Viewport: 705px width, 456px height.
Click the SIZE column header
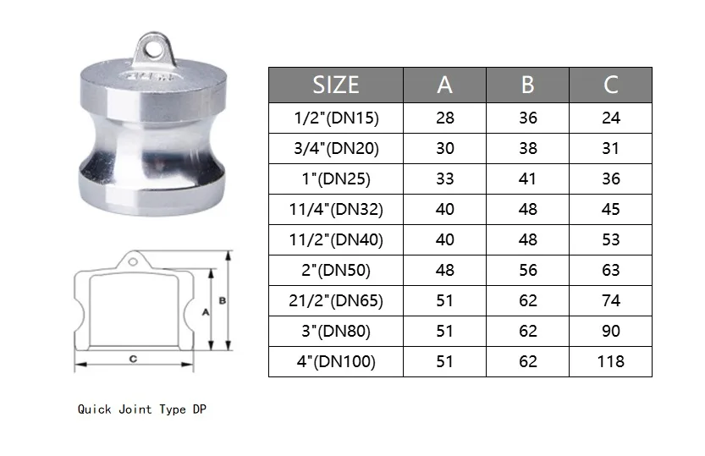click(x=336, y=85)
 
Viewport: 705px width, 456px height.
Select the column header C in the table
click(x=610, y=85)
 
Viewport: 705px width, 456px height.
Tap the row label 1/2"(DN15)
click(x=336, y=118)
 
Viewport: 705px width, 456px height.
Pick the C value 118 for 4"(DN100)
click(x=610, y=361)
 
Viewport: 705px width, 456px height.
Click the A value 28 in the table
click(x=444, y=118)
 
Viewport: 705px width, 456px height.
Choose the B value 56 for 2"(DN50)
click(x=528, y=270)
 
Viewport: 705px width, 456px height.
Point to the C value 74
click(x=610, y=300)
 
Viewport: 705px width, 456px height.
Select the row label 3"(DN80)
click(x=336, y=331)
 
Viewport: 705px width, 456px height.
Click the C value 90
click(x=610, y=331)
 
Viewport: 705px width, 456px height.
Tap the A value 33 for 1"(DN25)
click(x=444, y=179)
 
